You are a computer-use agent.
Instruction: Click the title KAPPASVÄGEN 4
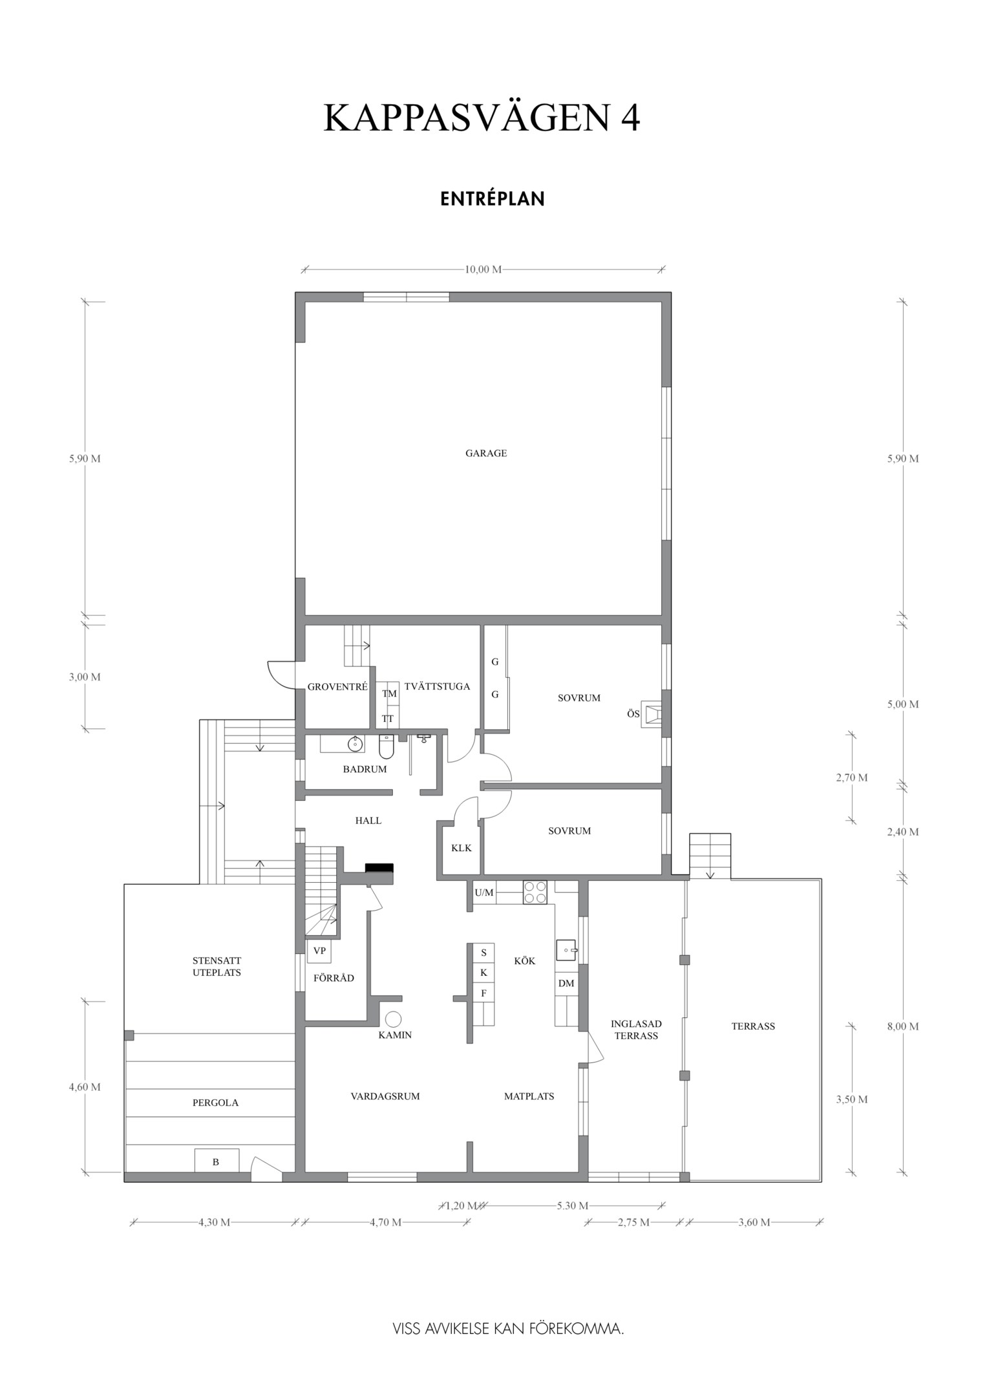pos(482,118)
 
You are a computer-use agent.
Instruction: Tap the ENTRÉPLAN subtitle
pos(493,198)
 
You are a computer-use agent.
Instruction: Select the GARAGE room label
pos(486,453)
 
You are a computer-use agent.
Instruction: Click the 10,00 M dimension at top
pos(483,270)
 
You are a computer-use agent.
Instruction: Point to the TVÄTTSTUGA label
pos(437,686)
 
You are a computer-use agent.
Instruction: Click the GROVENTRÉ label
pos(337,687)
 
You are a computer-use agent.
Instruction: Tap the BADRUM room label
pos(365,769)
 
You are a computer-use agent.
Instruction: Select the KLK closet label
pos(461,848)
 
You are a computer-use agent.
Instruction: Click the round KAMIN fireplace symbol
pos(393,1019)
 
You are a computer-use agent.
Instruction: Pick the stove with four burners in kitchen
pos(535,893)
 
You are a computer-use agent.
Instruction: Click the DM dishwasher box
pos(566,984)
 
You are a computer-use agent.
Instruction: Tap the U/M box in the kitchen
pos(483,893)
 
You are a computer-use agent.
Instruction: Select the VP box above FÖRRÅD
pos(319,951)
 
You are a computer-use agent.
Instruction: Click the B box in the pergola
pos(216,1161)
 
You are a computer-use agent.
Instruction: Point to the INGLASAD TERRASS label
pos(636,1030)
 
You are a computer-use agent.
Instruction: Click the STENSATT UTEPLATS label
pos(217,966)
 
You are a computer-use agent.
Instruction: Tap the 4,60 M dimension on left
pos(85,1087)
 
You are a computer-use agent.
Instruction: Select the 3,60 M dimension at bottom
pos(754,1222)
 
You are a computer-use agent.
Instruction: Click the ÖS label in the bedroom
pos(633,714)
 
